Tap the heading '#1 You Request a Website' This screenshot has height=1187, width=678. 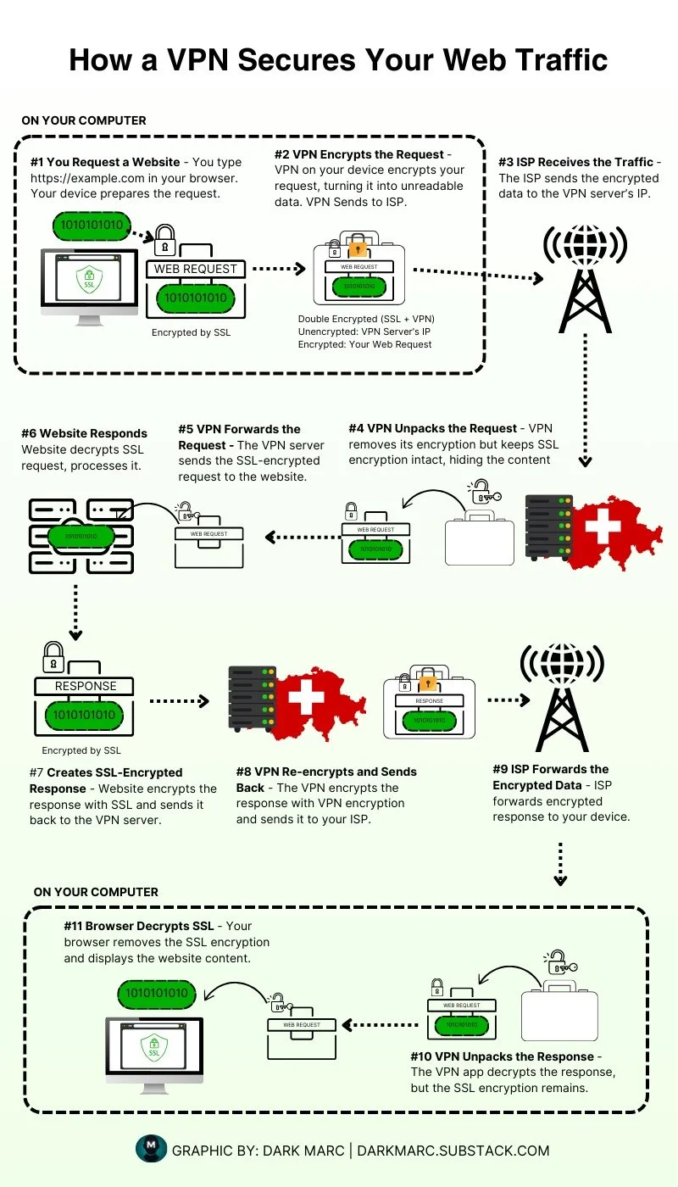pyautogui.click(x=105, y=162)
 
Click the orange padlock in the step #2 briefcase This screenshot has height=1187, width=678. pyautogui.click(x=358, y=249)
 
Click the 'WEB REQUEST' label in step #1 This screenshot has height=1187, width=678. pyautogui.click(x=197, y=270)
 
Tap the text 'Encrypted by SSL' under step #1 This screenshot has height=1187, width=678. pyautogui.click(x=191, y=332)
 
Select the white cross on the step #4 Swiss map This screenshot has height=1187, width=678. pyautogui.click(x=603, y=526)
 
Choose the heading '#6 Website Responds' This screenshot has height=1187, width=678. pyautogui.click(x=84, y=433)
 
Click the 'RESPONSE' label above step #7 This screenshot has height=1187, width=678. pyautogui.click(x=85, y=686)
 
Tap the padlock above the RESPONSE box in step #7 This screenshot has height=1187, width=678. pyautogui.click(x=53, y=655)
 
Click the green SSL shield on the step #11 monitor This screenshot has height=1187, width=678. pyautogui.click(x=154, y=1047)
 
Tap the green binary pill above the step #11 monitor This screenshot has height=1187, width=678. pyautogui.click(x=157, y=994)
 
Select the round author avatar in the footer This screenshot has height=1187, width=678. pyautogui.click(x=151, y=1150)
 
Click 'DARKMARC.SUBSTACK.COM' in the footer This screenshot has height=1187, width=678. pyautogui.click(x=453, y=1151)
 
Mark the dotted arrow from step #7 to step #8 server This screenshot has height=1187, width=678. pyautogui.click(x=178, y=701)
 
